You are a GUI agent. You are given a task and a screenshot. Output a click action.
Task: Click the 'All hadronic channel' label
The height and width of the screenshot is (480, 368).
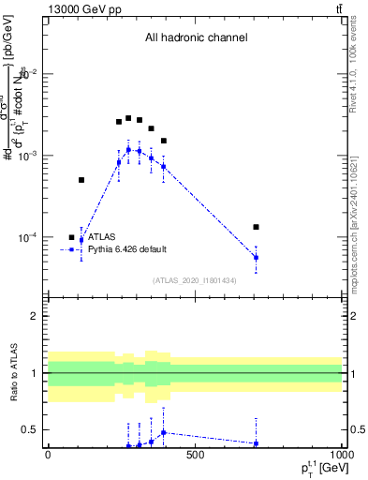pos(196,38)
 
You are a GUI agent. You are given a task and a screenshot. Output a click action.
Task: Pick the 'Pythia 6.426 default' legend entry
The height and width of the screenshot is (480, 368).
pos(125,250)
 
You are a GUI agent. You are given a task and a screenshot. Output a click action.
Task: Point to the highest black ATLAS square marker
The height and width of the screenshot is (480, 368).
pos(128,118)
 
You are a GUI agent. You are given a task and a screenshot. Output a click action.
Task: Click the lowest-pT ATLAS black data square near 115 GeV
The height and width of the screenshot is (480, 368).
pos(81,179)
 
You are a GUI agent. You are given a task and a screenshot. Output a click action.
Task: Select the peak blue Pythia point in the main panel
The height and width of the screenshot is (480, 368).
pos(128,149)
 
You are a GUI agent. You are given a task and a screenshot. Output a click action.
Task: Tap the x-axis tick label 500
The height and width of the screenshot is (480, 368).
pos(195,456)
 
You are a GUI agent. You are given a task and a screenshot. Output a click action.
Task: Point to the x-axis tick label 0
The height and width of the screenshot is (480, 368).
pos(48,456)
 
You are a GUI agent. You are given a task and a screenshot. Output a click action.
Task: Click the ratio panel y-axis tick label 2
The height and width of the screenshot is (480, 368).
pos(35,316)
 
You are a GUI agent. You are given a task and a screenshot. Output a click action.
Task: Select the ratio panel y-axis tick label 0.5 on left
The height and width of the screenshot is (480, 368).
pos(31,430)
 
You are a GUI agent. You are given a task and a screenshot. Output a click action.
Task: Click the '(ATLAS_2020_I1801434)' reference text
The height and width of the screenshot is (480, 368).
pos(195,280)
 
